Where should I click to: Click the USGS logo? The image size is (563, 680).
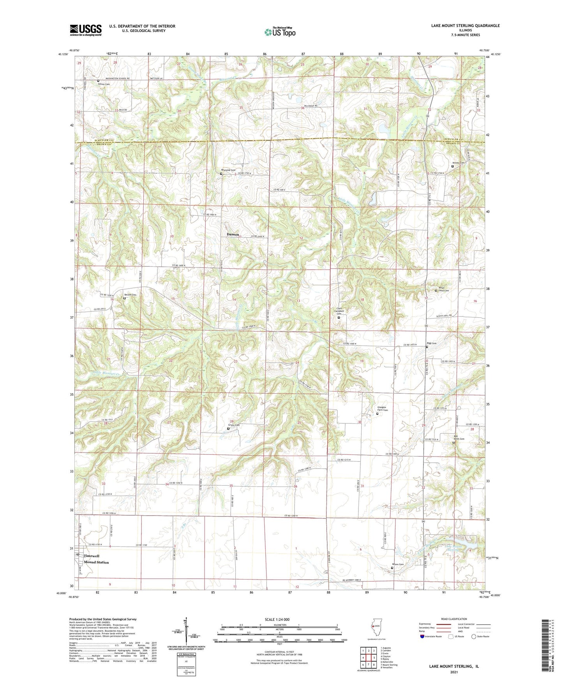pos(85,30)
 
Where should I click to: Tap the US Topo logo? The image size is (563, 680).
pos(279,32)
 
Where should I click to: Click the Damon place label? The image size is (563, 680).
pos(233,234)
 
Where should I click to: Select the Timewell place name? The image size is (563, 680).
pos(92,556)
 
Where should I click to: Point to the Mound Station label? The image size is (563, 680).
pos(96,562)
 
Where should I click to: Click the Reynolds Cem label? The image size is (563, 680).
pos(228,170)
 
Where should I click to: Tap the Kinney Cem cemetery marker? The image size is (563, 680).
pos(452,166)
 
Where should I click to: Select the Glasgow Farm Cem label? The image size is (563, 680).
pos(383,409)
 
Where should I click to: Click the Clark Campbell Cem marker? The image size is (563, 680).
pos(339,317)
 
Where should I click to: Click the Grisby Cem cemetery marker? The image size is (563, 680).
pos(228,429)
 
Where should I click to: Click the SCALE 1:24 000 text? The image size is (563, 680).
pos(277,619)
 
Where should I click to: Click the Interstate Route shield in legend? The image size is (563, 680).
pos(423,636)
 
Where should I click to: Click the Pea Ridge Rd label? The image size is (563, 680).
pos(311,106)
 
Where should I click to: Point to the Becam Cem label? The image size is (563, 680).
pos(130,295)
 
